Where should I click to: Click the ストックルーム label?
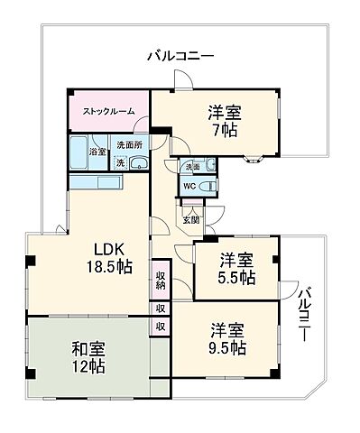[x=108, y=111]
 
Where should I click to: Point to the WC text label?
[x=189, y=187]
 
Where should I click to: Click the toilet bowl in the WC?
[x=208, y=187]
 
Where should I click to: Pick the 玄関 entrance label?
[x=191, y=219]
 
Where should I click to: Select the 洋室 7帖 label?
[x=223, y=123]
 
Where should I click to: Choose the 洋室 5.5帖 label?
[x=237, y=267]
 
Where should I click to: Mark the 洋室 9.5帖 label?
[x=229, y=338]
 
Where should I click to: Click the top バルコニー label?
[x=180, y=57]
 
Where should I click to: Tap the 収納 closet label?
[x=160, y=281]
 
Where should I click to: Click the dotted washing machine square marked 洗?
[x=119, y=163]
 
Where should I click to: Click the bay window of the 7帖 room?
[x=255, y=161]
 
